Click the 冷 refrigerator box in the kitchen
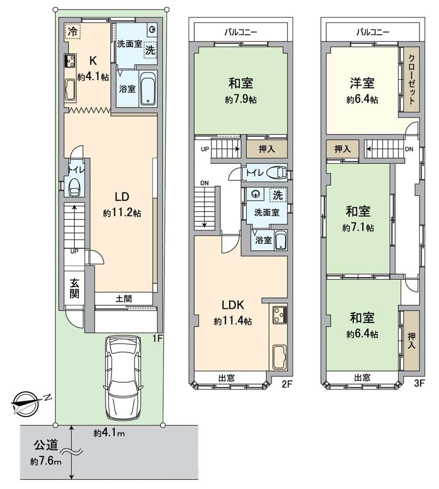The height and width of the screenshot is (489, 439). [x=72, y=31]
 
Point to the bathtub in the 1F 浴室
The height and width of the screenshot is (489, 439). [x=148, y=89]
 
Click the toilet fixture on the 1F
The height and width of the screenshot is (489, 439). [x=74, y=187]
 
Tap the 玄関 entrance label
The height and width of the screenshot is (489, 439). [x=74, y=288]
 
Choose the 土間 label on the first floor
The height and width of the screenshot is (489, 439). [x=124, y=299]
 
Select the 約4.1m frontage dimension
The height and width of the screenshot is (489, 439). [x=109, y=434]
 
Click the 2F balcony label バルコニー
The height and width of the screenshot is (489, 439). [x=240, y=32]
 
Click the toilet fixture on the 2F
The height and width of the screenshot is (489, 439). [x=278, y=173]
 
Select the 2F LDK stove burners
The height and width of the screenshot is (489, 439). [x=279, y=315]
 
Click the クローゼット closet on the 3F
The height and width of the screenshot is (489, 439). [x=411, y=79]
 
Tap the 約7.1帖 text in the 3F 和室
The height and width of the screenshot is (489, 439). [x=358, y=228]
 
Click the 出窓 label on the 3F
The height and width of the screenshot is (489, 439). [x=362, y=377]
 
